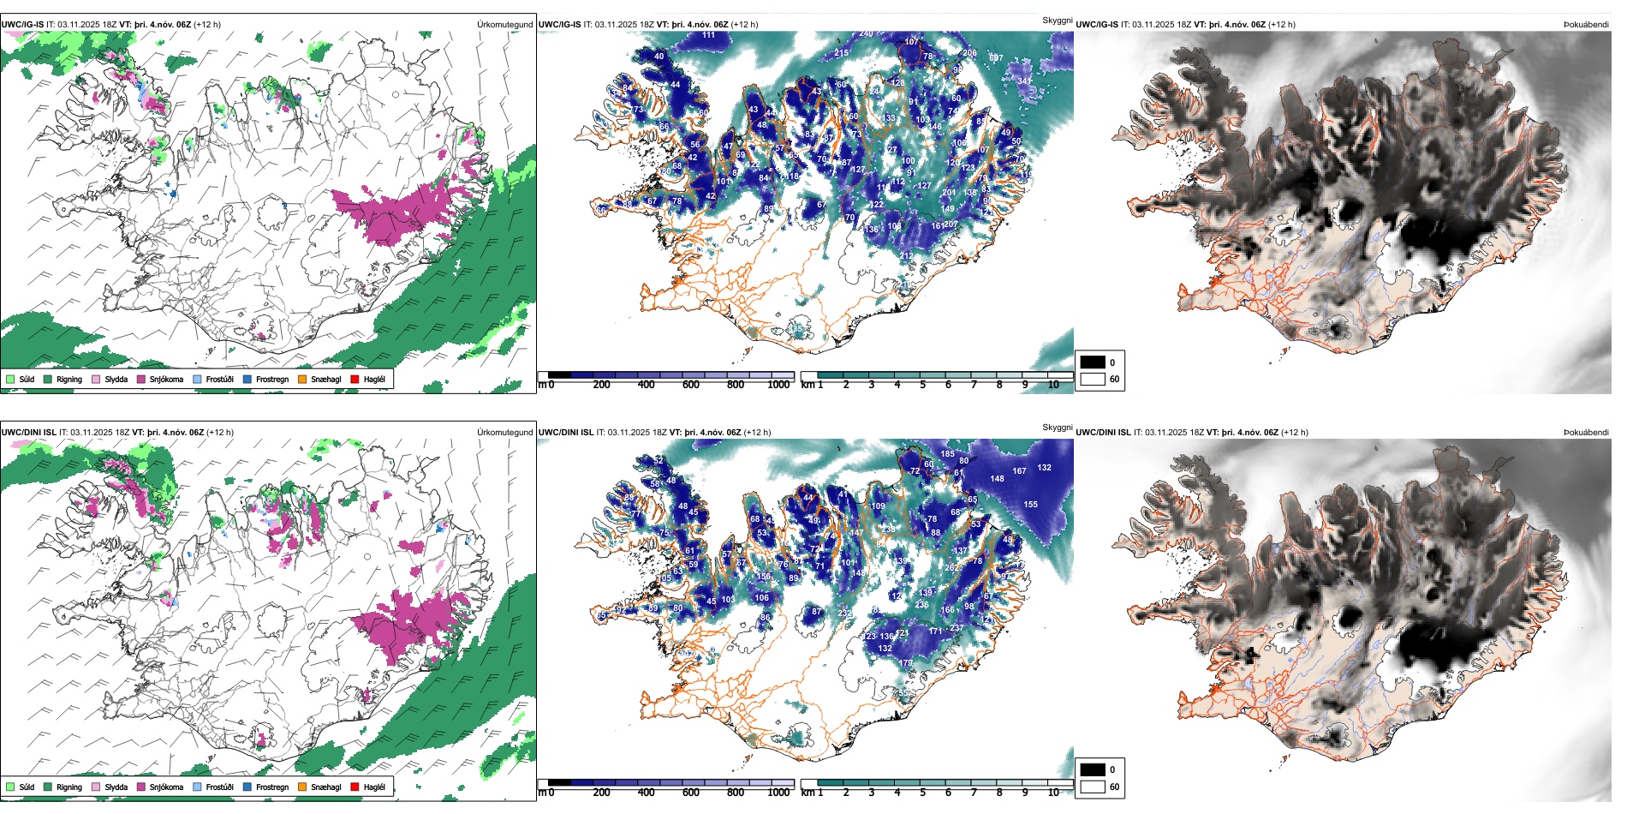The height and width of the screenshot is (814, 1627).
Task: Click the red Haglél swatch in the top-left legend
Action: (355, 379)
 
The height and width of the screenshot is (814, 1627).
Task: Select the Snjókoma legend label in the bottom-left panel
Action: (166, 787)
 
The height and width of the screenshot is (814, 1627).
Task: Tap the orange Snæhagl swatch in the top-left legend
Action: (302, 379)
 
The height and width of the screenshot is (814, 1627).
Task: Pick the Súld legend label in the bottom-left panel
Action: (27, 787)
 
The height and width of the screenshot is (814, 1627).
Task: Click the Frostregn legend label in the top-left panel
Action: (272, 379)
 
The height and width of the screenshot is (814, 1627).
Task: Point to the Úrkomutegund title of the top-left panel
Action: (504, 24)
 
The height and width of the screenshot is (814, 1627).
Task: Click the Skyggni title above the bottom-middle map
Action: (1057, 427)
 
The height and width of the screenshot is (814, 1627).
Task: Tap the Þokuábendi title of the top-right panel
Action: (1586, 24)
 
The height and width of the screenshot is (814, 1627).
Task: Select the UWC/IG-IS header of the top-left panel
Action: (22, 24)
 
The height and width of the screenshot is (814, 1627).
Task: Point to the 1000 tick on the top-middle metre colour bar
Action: (778, 385)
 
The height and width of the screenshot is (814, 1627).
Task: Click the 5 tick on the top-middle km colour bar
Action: (923, 385)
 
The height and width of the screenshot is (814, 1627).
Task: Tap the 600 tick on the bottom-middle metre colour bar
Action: (691, 793)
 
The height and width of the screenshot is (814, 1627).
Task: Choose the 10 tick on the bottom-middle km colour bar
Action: (1053, 793)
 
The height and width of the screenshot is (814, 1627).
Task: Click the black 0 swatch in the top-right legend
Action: (1093, 362)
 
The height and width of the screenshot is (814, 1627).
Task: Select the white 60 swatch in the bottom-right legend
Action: (1093, 787)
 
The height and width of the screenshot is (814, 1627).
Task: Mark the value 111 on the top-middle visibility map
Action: (709, 35)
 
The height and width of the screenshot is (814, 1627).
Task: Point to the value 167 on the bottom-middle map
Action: (1019, 470)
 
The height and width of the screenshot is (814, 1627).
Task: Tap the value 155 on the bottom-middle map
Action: (1030, 504)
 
